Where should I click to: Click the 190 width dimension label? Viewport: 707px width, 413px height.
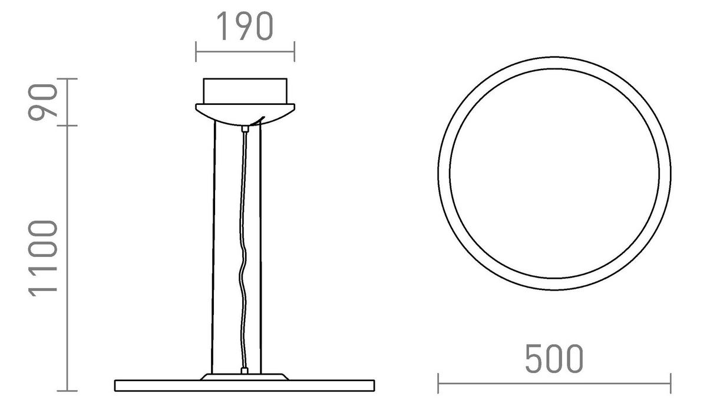[245, 27]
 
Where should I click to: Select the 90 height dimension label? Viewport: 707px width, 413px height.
[45, 101]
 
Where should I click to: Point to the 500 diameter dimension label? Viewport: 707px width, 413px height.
[554, 359]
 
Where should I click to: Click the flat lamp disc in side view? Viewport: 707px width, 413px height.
[245, 386]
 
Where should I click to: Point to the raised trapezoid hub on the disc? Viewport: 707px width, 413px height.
[245, 376]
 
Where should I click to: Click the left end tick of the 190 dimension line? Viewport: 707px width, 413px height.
[196, 51]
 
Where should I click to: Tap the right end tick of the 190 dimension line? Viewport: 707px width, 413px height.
[294, 51]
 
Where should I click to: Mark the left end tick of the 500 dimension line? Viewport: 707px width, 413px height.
[438, 383]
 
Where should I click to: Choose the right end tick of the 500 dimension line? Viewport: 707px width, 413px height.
[670, 383]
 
